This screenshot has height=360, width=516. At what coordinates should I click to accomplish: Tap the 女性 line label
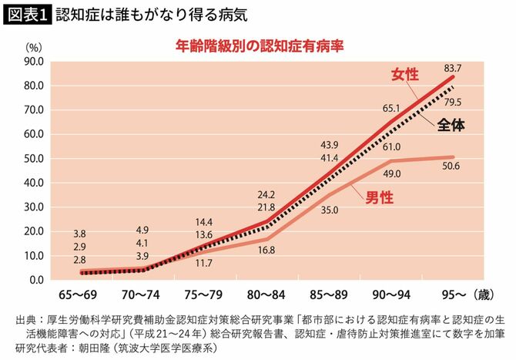pyautogui.click(x=405, y=75)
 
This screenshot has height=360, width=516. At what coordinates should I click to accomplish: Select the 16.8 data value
pyautogui.click(x=266, y=249)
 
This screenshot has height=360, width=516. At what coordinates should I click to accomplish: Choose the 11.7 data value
pyautogui.click(x=203, y=263)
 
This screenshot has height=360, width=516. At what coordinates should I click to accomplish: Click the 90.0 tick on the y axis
pyautogui.click(x=33, y=61)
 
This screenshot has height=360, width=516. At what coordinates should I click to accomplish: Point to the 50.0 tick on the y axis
pyautogui.click(x=33, y=158)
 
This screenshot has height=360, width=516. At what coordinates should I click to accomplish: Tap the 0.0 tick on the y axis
pyautogui.click(x=35, y=280)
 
